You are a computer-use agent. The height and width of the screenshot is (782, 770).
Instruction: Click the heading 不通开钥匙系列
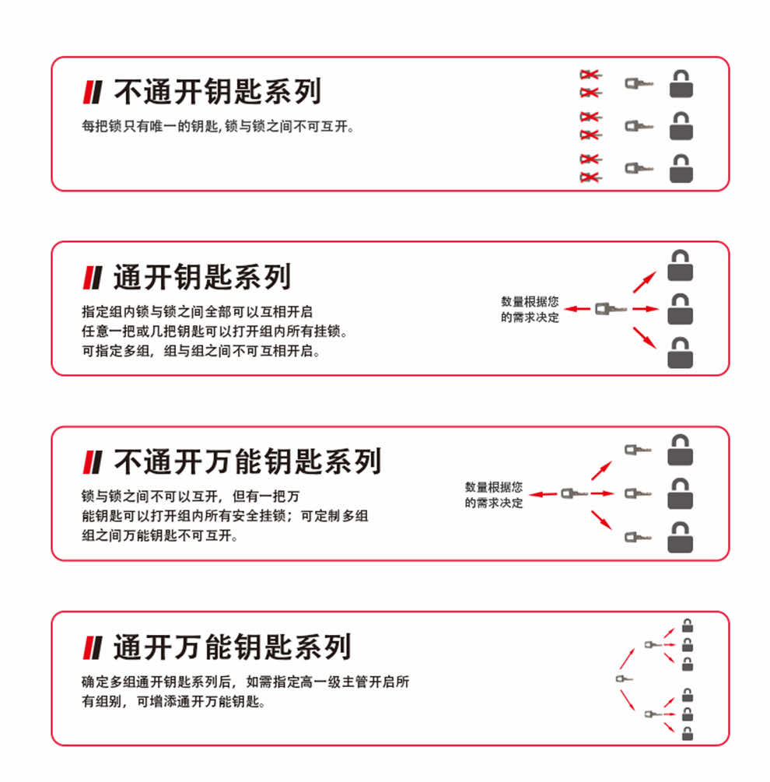[217, 91]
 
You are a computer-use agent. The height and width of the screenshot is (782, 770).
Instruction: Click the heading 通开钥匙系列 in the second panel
[202, 277]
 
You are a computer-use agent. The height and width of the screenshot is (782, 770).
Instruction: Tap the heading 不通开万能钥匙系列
[247, 461]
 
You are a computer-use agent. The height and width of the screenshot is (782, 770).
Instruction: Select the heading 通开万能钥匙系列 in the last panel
[233, 647]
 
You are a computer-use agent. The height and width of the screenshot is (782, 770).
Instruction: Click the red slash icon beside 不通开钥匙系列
[93, 93]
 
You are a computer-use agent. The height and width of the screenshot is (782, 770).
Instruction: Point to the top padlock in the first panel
[681, 83]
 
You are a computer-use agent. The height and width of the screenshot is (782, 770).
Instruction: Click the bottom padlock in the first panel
[681, 169]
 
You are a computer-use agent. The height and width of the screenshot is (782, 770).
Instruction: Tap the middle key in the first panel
[639, 126]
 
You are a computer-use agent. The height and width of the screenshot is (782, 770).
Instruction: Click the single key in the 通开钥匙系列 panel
[611, 309]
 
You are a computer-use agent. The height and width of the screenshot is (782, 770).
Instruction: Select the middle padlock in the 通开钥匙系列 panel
[681, 309]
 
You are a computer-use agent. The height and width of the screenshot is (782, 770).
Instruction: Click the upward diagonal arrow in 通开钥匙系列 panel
[645, 282]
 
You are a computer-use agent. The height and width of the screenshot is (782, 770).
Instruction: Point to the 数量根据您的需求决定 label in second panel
[530, 309]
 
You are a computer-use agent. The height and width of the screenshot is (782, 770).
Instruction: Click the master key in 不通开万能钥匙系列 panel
[574, 494]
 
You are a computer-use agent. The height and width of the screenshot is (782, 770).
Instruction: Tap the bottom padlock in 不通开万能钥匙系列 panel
[681, 538]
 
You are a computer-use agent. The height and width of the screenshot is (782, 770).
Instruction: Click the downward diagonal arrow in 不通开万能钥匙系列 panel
[601, 521]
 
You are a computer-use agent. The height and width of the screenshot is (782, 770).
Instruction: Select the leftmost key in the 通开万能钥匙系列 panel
[625, 679]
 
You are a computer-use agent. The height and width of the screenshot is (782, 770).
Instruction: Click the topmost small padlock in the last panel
[688, 626]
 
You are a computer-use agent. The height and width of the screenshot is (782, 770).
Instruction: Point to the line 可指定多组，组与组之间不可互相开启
[201, 351]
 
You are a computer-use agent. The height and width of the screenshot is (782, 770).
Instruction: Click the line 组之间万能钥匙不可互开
[160, 535]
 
